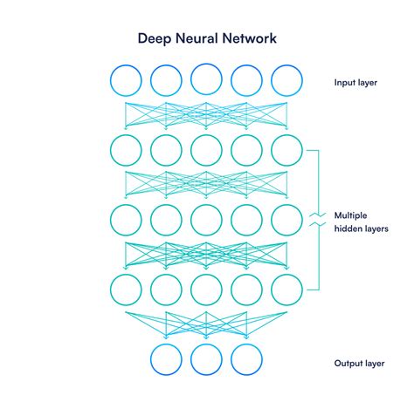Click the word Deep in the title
[155, 39]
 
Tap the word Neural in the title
[197, 38]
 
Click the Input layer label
[355, 83]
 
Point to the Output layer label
[359, 364]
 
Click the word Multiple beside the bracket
[350, 215]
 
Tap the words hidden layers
[361, 228]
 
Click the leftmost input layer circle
[110, 80]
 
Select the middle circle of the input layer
[190, 80]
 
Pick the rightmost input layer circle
[271, 80]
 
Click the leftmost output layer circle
[150, 359]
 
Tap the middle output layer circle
[190, 359]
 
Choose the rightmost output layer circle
[231, 359]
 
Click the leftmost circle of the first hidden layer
[110, 150]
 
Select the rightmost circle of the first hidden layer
[271, 150]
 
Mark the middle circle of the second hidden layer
[190, 220]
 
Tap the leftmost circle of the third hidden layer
[110, 290]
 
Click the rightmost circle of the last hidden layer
[271, 290]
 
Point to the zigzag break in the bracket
[318, 220]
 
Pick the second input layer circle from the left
[150, 80]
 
